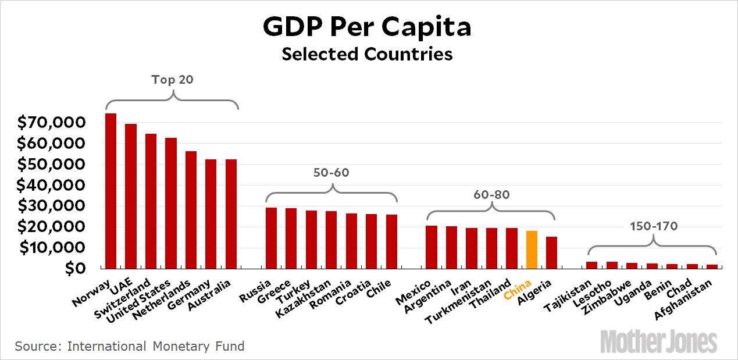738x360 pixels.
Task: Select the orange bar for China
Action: pos(531,249)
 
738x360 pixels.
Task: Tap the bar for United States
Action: pos(170,203)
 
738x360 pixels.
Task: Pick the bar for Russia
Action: pos(271,238)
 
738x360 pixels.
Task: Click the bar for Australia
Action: pos(231,213)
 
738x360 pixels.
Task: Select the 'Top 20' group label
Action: pos(172,80)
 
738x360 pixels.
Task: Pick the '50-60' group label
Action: pos(332,173)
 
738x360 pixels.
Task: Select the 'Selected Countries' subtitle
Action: pos(367,54)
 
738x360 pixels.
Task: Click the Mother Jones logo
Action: pos(658,341)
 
